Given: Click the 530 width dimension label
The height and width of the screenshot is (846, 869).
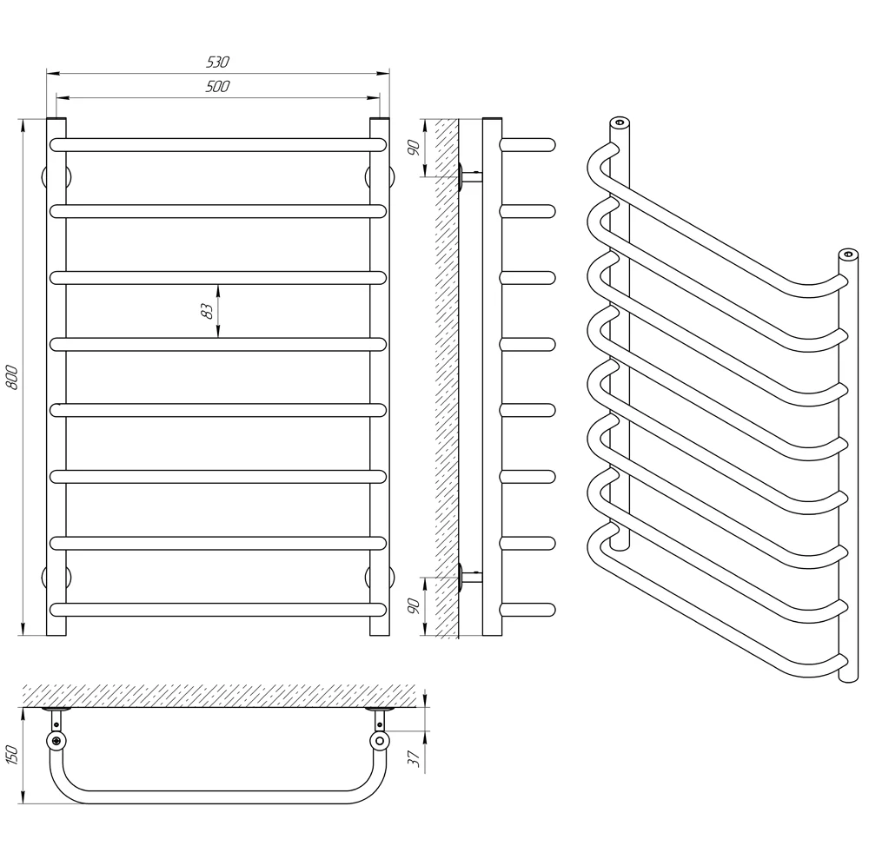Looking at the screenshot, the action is pyautogui.click(x=218, y=62).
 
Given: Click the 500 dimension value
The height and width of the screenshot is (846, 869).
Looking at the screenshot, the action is pyautogui.click(x=218, y=87).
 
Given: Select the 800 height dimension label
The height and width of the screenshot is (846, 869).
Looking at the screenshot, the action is pyautogui.click(x=12, y=377).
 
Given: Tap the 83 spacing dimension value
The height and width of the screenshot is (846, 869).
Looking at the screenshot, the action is pyautogui.click(x=207, y=311).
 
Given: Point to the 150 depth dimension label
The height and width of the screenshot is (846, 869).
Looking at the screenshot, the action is pyautogui.click(x=12, y=755).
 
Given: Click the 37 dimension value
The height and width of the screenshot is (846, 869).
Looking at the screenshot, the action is pyautogui.click(x=414, y=758).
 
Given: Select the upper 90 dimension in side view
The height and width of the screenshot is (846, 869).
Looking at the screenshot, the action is pyautogui.click(x=414, y=148).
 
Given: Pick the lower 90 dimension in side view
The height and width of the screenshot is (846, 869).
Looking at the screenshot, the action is pyautogui.click(x=414, y=606).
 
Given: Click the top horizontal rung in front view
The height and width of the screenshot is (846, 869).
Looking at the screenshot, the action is pyautogui.click(x=218, y=144).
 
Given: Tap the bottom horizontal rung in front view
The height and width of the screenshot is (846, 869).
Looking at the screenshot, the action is pyautogui.click(x=218, y=610).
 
